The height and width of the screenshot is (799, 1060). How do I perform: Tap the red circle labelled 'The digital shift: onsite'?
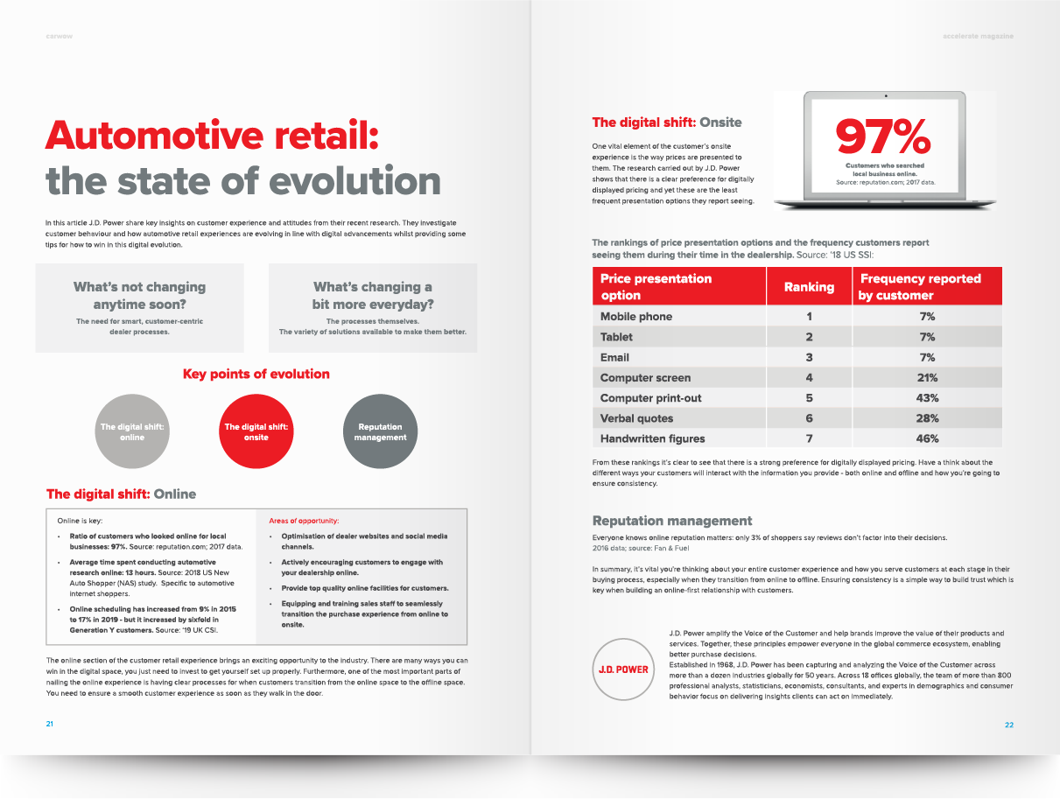click(x=256, y=431)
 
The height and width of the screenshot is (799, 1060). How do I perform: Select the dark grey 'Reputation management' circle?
click(x=380, y=431)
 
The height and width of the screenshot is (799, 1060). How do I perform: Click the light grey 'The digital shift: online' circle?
click(x=132, y=431)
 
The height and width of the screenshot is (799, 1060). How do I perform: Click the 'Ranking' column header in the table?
click(x=809, y=287)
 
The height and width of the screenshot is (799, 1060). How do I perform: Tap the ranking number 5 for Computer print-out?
click(x=809, y=398)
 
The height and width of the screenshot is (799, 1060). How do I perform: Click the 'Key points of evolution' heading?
click(x=256, y=374)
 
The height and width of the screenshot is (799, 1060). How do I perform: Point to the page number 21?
click(x=50, y=724)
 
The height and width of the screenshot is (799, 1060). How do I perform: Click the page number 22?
click(x=1009, y=725)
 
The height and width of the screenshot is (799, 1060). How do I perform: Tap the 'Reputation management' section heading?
click(x=672, y=521)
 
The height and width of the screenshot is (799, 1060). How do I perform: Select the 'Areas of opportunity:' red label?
click(x=304, y=521)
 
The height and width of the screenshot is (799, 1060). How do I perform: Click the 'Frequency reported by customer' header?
click(x=921, y=287)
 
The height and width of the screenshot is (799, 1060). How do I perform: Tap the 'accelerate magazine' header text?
click(x=979, y=37)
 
